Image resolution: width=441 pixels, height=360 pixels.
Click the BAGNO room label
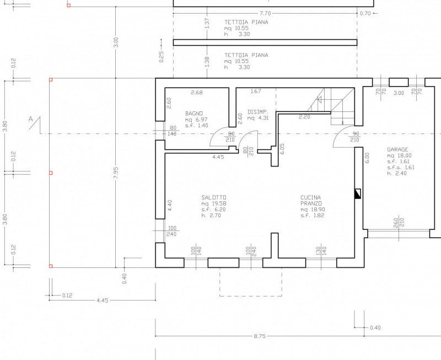(194, 114)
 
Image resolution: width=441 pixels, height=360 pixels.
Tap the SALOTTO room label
(214, 197)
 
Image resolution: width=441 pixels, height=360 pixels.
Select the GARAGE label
(397, 149)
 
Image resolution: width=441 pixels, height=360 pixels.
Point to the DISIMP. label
(258, 112)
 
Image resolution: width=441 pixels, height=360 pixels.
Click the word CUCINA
(310, 197)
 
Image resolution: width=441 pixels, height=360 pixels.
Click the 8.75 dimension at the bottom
(259, 336)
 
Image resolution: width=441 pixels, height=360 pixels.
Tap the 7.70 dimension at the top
(265, 13)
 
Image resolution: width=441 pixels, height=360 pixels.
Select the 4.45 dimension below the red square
(103, 300)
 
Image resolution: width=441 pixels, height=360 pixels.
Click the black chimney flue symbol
(357, 194)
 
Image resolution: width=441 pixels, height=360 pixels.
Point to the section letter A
(31, 119)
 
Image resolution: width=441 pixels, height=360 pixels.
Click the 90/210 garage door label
(355, 137)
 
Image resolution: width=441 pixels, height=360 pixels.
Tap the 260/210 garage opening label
(399, 223)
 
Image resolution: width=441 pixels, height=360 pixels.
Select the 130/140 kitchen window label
(321, 250)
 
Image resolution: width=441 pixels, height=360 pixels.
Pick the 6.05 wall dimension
(282, 149)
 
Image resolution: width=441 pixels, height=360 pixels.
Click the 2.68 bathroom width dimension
(197, 92)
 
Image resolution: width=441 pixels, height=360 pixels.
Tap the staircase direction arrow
(319, 99)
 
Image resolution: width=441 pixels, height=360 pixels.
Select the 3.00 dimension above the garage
(399, 93)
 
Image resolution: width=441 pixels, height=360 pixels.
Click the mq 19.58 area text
(214, 203)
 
